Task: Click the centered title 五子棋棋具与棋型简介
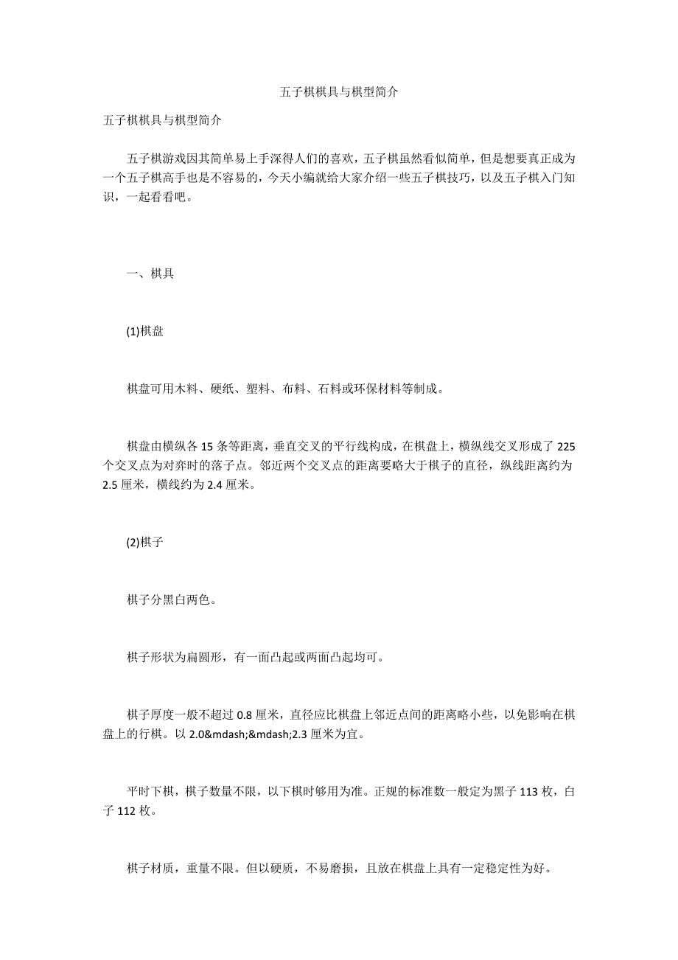pyautogui.click(x=339, y=92)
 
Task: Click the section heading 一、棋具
pyautogui.click(x=150, y=274)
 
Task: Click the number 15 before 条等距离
pyautogui.click(x=207, y=447)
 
